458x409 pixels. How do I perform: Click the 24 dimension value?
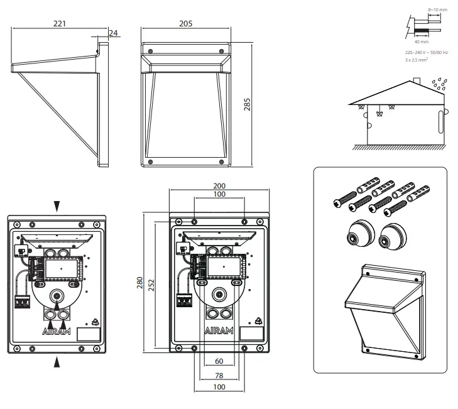(x=113, y=32)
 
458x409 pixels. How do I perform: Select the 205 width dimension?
(x=185, y=23)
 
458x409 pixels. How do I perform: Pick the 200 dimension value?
(x=219, y=187)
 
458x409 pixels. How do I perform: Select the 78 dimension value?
(x=219, y=376)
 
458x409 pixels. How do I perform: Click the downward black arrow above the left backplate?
(x=58, y=205)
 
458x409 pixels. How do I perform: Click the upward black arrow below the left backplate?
(x=58, y=361)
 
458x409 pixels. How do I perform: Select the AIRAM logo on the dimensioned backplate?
(x=219, y=330)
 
